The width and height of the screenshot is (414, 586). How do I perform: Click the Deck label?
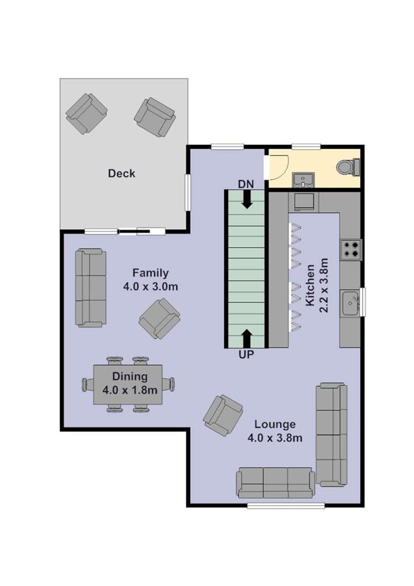(x=122, y=174)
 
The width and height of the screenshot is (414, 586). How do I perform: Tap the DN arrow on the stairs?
(x=247, y=198)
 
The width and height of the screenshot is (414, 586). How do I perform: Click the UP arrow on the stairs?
(x=247, y=339)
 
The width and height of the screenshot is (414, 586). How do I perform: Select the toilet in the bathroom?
(x=348, y=166)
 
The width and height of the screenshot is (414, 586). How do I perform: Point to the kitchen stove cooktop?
(x=350, y=249)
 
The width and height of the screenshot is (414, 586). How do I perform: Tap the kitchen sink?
(x=350, y=302)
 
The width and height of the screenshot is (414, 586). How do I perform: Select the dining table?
(x=128, y=384)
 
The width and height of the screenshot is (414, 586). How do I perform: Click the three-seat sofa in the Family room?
(x=91, y=287)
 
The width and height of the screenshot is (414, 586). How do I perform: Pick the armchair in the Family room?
(x=159, y=318)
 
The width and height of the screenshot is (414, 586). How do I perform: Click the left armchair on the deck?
(x=86, y=113)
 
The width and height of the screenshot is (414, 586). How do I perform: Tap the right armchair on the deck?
(x=155, y=117)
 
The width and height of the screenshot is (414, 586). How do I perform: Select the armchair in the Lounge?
(x=223, y=415)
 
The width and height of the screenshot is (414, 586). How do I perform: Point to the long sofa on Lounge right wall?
(x=332, y=435)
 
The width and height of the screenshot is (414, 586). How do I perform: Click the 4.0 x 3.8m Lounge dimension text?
(x=275, y=438)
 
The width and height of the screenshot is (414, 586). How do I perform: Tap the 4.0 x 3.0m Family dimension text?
(x=151, y=287)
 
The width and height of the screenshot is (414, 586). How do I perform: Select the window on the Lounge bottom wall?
(x=286, y=505)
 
